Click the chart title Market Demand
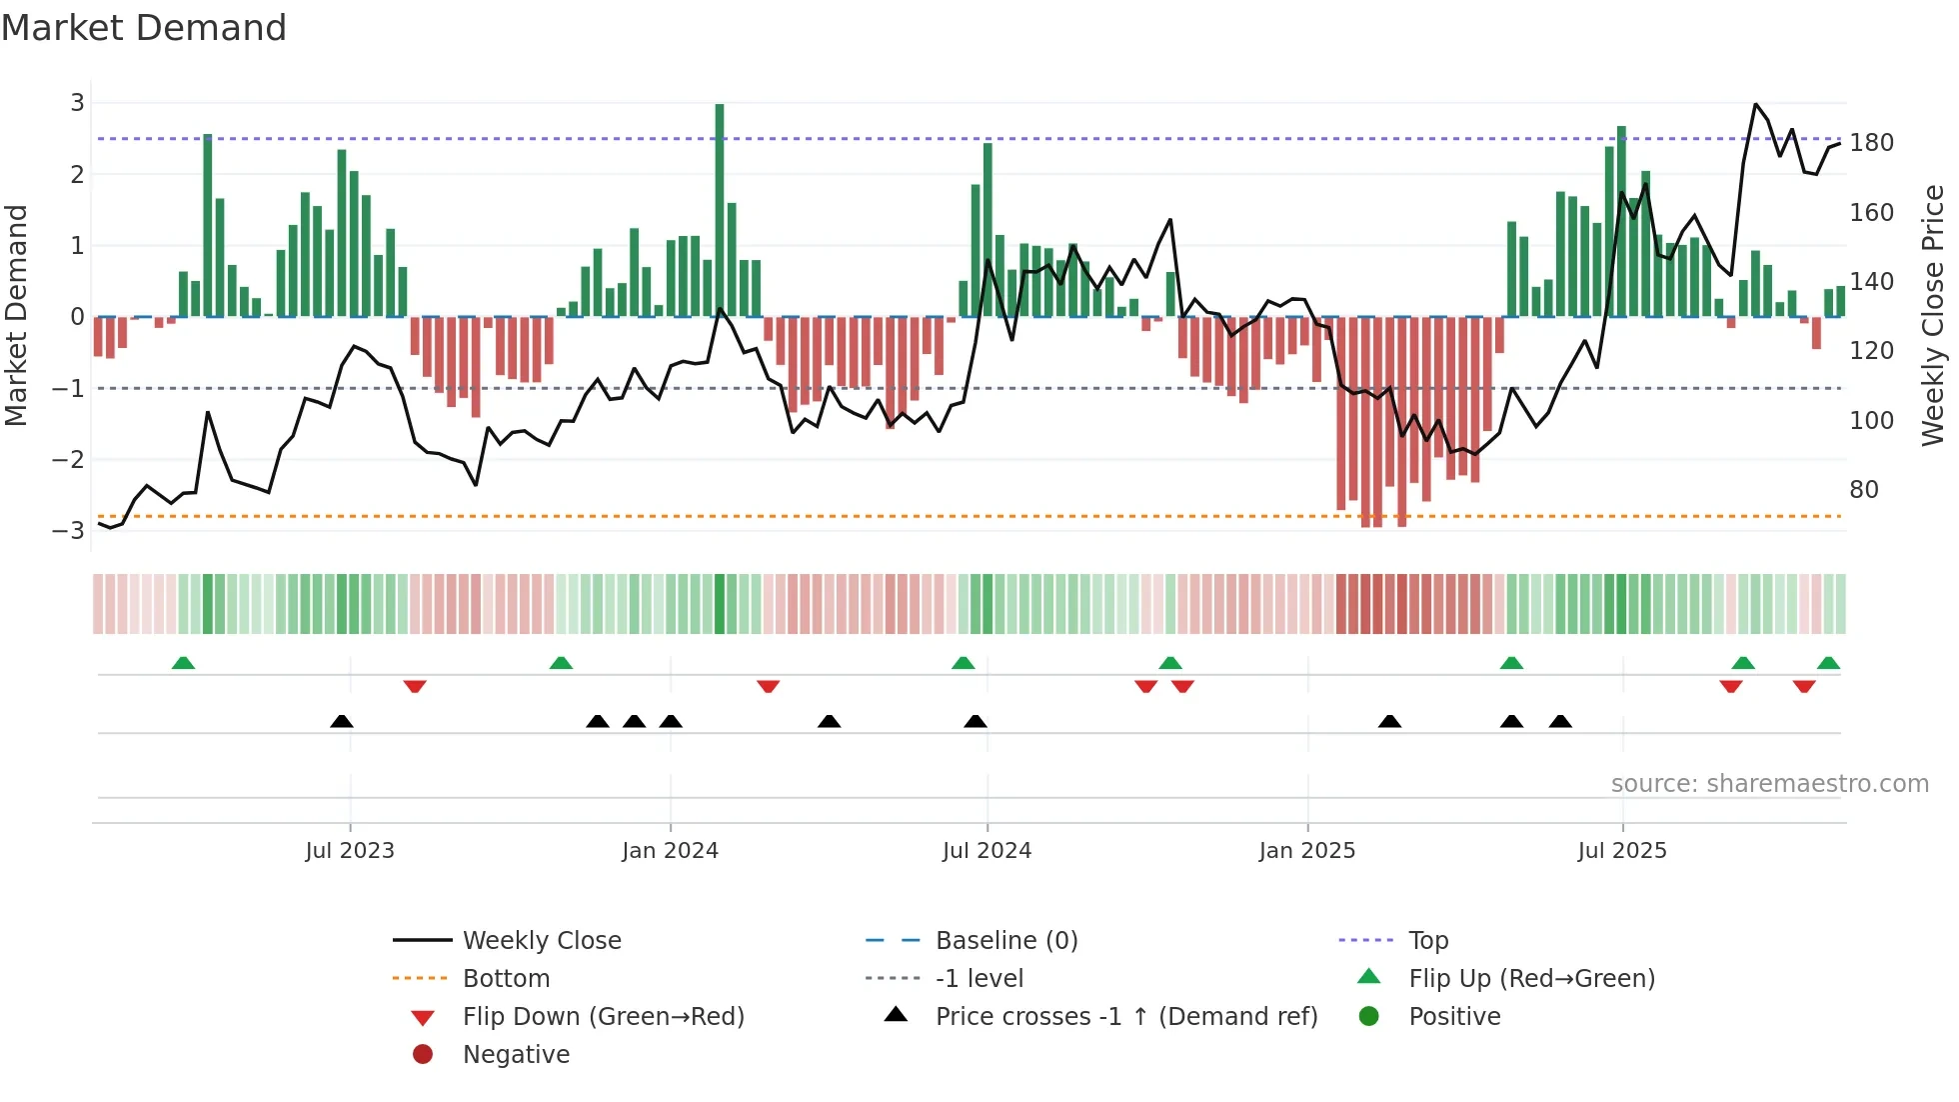point(144,28)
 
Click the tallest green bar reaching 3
point(720,210)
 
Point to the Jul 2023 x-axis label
point(350,851)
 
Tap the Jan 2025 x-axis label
point(1306,851)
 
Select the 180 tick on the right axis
point(1871,143)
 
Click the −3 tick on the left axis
point(69,531)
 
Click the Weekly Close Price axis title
point(1933,315)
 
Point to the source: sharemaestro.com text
point(1769,784)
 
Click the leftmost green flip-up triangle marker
point(183,663)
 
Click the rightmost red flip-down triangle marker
point(1804,686)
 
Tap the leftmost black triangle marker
point(342,721)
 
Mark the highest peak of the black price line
point(1756,104)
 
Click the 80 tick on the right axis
point(1863,490)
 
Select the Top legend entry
point(1427,941)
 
